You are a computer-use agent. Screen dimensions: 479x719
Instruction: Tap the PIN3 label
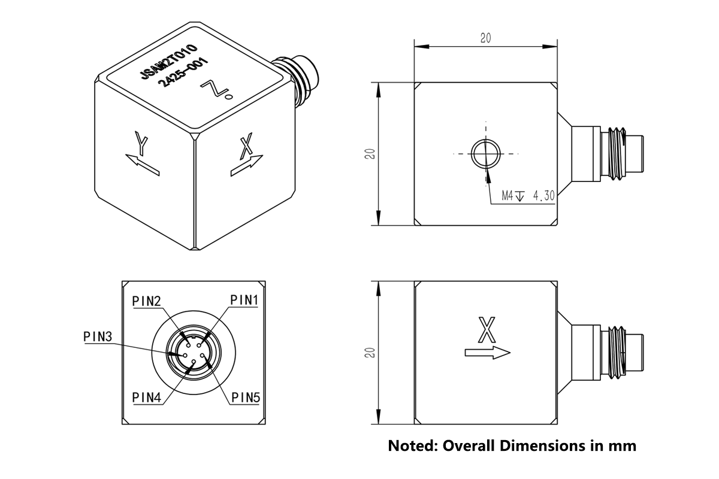(98, 336)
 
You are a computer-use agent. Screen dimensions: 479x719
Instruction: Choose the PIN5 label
(245, 397)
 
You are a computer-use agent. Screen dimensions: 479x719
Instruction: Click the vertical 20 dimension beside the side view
(371, 353)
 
